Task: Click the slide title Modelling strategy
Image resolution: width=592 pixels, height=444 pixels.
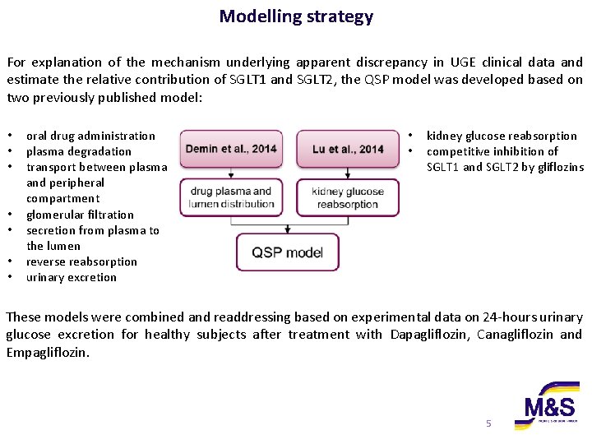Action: tap(296, 16)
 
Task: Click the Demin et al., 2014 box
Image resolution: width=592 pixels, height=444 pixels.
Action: tap(231, 149)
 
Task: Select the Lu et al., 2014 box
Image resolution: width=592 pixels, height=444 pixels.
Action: tap(348, 149)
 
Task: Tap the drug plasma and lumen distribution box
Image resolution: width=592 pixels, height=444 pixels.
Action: tap(231, 197)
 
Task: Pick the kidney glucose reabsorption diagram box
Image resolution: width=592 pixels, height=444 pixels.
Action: tap(348, 197)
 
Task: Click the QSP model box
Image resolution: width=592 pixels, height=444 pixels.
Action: tap(288, 252)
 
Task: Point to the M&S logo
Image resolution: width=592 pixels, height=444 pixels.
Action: tap(546, 406)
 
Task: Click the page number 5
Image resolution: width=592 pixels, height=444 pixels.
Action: tap(488, 423)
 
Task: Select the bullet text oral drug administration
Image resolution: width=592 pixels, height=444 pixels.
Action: tap(90, 136)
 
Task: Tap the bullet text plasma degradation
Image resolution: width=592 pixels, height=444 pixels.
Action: tap(78, 151)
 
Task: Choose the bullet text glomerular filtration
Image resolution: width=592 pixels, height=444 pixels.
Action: tap(80, 215)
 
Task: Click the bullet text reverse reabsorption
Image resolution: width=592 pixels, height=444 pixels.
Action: tap(81, 261)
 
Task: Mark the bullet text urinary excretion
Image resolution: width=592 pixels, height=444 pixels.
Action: tap(72, 277)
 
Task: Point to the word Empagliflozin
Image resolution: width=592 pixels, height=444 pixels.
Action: tap(48, 352)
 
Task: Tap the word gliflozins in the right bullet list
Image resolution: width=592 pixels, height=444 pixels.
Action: tap(557, 167)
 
